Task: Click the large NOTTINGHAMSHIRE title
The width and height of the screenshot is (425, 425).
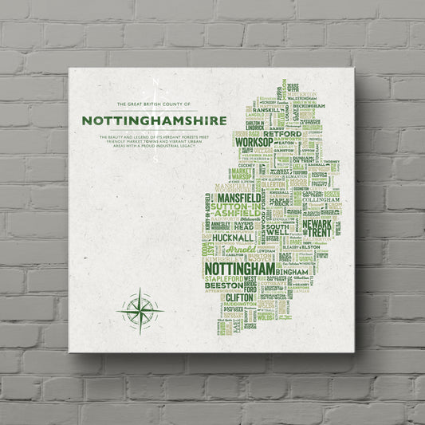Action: coord(154,120)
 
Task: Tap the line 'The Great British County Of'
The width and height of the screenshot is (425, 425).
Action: coord(154,104)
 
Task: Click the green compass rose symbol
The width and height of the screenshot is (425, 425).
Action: coord(140,308)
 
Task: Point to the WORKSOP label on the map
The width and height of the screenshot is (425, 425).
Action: coord(254,142)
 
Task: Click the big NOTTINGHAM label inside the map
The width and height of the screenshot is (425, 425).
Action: coord(240,269)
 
